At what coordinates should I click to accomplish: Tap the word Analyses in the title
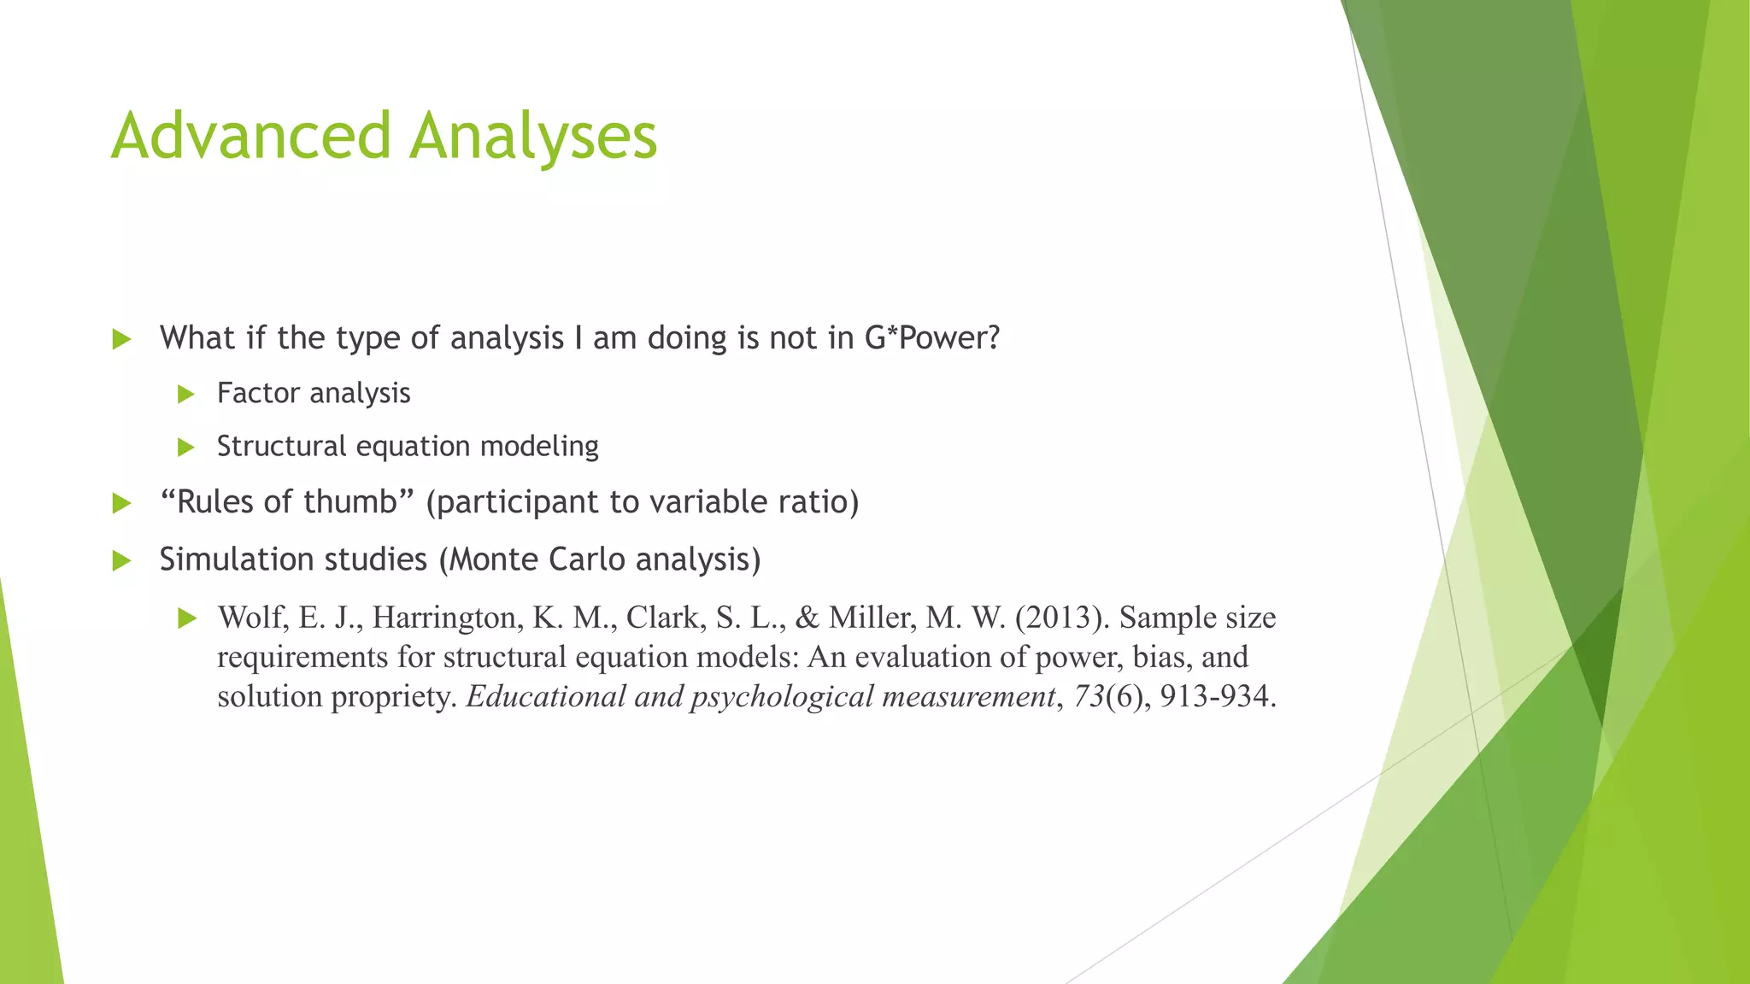[x=533, y=137]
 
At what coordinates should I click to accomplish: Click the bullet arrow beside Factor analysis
[x=186, y=394]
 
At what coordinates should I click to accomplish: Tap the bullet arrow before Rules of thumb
[x=121, y=503]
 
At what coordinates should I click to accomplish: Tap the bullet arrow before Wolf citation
[x=186, y=618]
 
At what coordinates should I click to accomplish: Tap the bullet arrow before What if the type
[x=121, y=339]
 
